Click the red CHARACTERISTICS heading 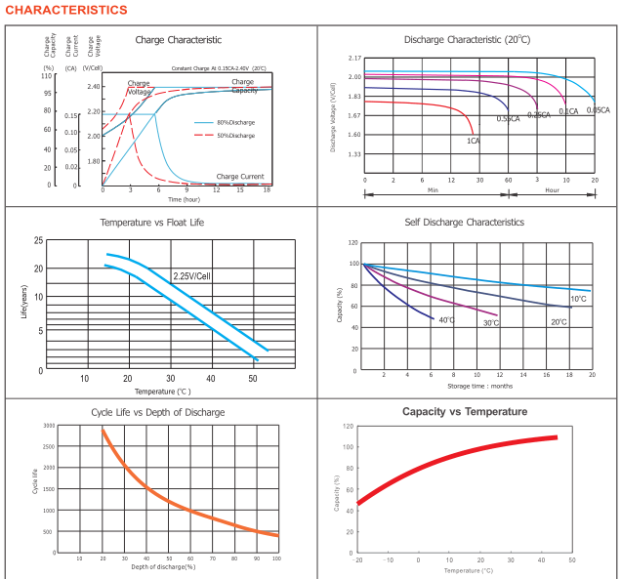coord(66,10)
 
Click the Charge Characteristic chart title coord(178,40)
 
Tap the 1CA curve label coord(473,141)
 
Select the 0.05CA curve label coord(598,110)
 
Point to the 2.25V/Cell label coord(192,276)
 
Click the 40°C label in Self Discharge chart coord(447,320)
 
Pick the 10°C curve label coord(578,299)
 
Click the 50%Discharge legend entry coord(235,134)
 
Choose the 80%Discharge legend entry coord(235,122)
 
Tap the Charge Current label coord(240,177)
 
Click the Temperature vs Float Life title coord(152,223)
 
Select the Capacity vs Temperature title coord(465,412)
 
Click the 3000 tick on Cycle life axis coord(49,427)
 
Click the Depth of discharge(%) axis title coord(163,567)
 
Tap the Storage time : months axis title coord(478,386)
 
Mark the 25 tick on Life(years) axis coord(38,241)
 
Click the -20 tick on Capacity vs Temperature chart coord(357,559)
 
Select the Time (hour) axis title coord(184,198)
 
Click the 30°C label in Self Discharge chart coord(490,322)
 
